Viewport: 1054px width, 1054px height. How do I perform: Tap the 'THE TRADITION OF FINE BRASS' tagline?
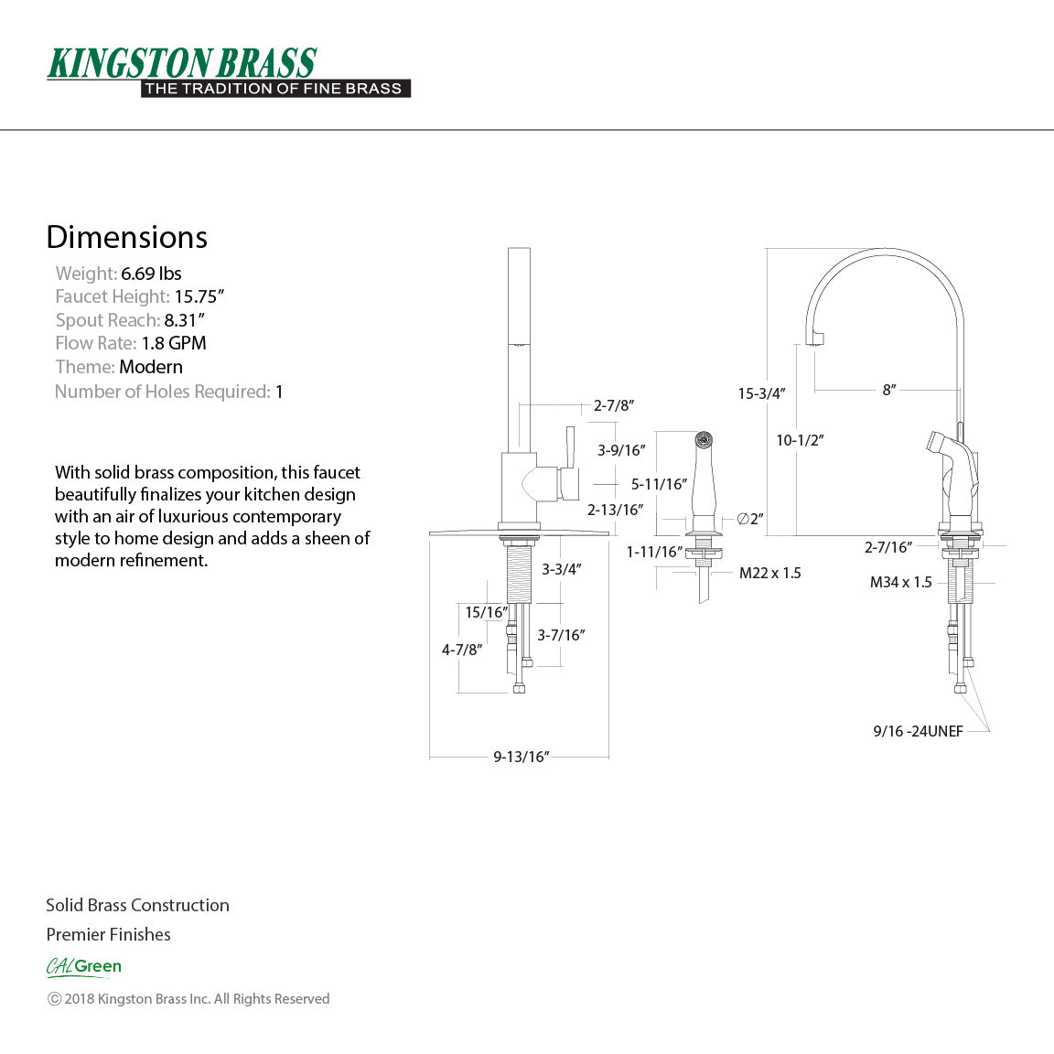point(274,89)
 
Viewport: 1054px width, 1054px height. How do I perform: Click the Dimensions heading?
point(127,237)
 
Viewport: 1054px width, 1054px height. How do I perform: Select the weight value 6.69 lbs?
point(151,274)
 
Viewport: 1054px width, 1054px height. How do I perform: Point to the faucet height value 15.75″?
point(199,296)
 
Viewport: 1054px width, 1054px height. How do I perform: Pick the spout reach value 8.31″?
point(184,320)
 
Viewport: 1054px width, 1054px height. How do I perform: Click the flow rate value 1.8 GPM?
point(174,343)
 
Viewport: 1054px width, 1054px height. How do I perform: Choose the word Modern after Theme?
point(151,367)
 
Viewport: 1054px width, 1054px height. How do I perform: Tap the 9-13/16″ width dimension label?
point(522,757)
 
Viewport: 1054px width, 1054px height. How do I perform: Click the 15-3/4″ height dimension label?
point(761,394)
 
